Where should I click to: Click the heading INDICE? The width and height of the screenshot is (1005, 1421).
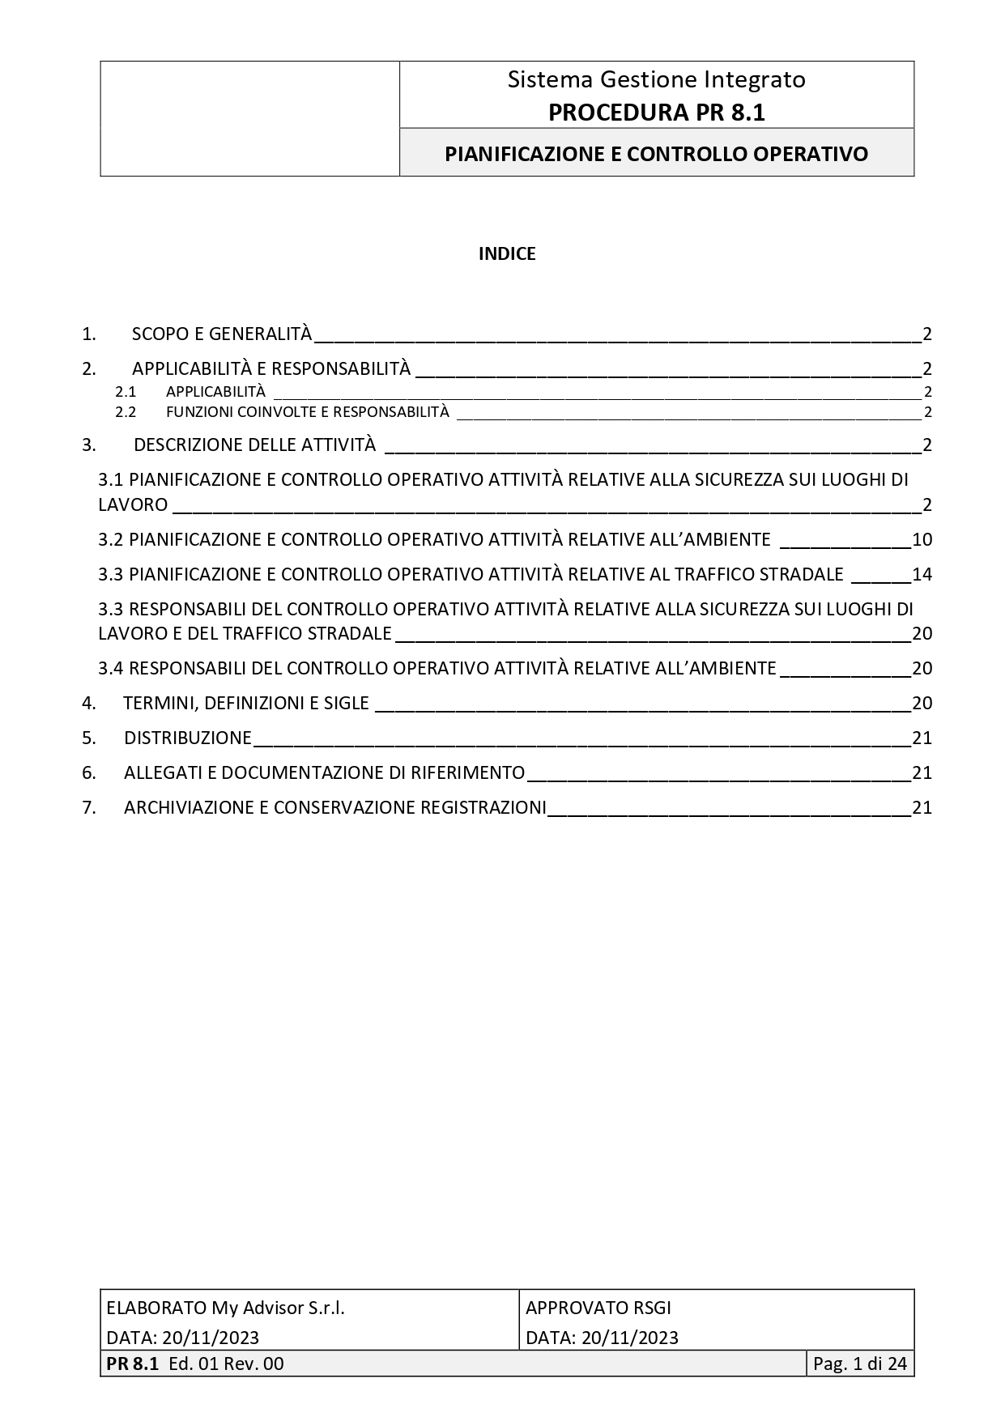[x=507, y=254]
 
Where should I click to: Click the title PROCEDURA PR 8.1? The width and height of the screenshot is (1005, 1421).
[x=656, y=113]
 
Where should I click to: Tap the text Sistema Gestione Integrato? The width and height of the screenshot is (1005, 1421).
[x=656, y=79]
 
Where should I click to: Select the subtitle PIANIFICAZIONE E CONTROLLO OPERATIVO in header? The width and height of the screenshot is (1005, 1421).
[x=656, y=154]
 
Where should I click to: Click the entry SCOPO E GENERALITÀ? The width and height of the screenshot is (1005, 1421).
[x=221, y=334]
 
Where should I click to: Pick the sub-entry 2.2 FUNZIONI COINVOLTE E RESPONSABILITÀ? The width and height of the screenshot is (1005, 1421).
[x=307, y=411]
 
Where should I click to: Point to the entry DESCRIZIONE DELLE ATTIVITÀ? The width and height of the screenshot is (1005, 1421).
[x=254, y=445]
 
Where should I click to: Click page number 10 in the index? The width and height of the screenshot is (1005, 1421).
[x=922, y=539]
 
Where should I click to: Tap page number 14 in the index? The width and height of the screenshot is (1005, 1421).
[x=922, y=574]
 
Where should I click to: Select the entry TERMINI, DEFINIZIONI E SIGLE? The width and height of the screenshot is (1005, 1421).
[x=246, y=703]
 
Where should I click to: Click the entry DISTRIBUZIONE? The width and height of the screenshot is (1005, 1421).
[x=188, y=738]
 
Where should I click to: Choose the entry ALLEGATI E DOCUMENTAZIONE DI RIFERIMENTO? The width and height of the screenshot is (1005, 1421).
[x=324, y=772]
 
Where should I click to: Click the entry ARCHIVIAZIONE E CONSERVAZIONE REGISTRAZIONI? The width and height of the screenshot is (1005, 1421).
[x=334, y=807]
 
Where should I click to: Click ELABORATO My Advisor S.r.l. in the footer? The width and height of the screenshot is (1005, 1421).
[x=225, y=1308]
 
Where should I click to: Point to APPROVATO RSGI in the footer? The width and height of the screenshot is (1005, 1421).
[x=598, y=1308]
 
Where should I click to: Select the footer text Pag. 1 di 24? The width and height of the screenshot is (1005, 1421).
[x=859, y=1364]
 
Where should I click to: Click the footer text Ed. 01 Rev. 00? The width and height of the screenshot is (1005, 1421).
[x=226, y=1364]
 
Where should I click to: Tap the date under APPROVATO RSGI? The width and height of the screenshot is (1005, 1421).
[x=602, y=1337]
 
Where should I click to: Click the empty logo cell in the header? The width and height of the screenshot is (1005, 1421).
[x=249, y=118]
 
